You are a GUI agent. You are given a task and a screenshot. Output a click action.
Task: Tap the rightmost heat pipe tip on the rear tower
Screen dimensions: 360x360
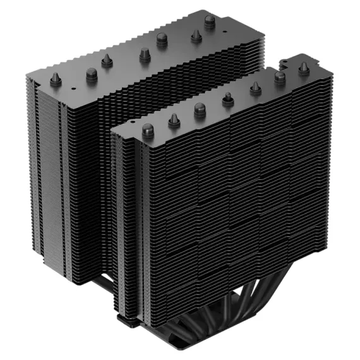point(209,21)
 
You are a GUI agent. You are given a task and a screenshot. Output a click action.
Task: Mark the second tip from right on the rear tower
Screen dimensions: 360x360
point(195,37)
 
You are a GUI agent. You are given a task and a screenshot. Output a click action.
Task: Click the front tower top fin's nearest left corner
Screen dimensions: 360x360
point(113,136)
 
